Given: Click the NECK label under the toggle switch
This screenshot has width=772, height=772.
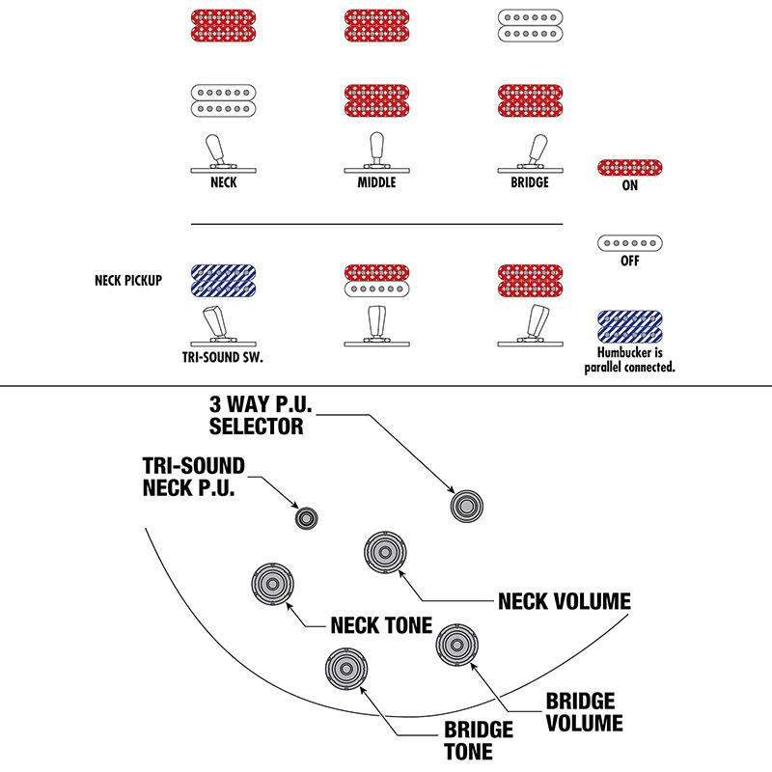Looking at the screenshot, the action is [x=223, y=182].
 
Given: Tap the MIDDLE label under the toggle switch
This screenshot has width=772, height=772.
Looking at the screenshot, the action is [x=376, y=182].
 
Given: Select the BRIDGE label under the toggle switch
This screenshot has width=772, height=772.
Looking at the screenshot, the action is [x=530, y=182].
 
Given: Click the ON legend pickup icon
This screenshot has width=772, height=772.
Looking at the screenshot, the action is [x=630, y=168].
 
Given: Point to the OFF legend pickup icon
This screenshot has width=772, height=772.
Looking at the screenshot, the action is [x=630, y=243].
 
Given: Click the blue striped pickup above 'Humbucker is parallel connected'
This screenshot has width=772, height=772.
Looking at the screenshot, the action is [x=630, y=327].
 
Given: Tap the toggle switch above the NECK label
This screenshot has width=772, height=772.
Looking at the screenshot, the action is [x=223, y=154].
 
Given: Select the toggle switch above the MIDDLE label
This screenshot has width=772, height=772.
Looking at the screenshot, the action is [x=376, y=153].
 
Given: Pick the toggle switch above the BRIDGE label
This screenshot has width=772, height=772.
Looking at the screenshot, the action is [x=530, y=154].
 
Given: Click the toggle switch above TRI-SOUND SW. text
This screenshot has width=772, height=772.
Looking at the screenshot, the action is [x=223, y=327].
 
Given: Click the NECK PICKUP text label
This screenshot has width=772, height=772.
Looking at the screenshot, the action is [x=128, y=281].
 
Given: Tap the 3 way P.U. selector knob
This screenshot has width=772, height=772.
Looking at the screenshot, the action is [x=466, y=506].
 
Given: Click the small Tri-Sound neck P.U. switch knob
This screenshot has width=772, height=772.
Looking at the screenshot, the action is [x=306, y=518].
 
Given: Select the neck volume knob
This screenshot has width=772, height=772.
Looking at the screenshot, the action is [x=385, y=552].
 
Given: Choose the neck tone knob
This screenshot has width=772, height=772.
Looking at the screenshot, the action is [x=272, y=585].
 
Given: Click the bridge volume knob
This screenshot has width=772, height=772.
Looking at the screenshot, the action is [x=456, y=645].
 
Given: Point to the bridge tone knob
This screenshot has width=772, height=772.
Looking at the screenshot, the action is [x=346, y=669].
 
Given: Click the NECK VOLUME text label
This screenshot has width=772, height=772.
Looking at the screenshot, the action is [x=565, y=601].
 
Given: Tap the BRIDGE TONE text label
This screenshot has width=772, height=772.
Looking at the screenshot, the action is [x=478, y=741].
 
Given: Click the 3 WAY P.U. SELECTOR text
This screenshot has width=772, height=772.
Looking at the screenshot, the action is [x=261, y=415].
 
